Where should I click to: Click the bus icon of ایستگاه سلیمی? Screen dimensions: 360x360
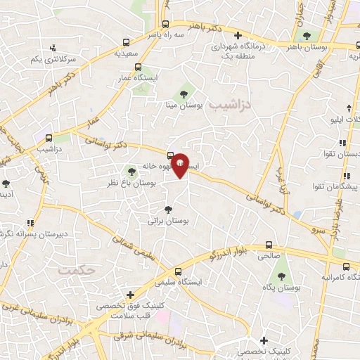pos(178,271)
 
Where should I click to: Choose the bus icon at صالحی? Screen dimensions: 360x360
pos(269,245)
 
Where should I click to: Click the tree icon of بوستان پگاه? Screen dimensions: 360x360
pos(281,277)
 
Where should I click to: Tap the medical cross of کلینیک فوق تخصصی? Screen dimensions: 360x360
pos(129,295)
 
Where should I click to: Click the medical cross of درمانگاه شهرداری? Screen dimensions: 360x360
pos(238,35)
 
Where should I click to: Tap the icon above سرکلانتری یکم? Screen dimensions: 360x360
pos(53,48)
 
